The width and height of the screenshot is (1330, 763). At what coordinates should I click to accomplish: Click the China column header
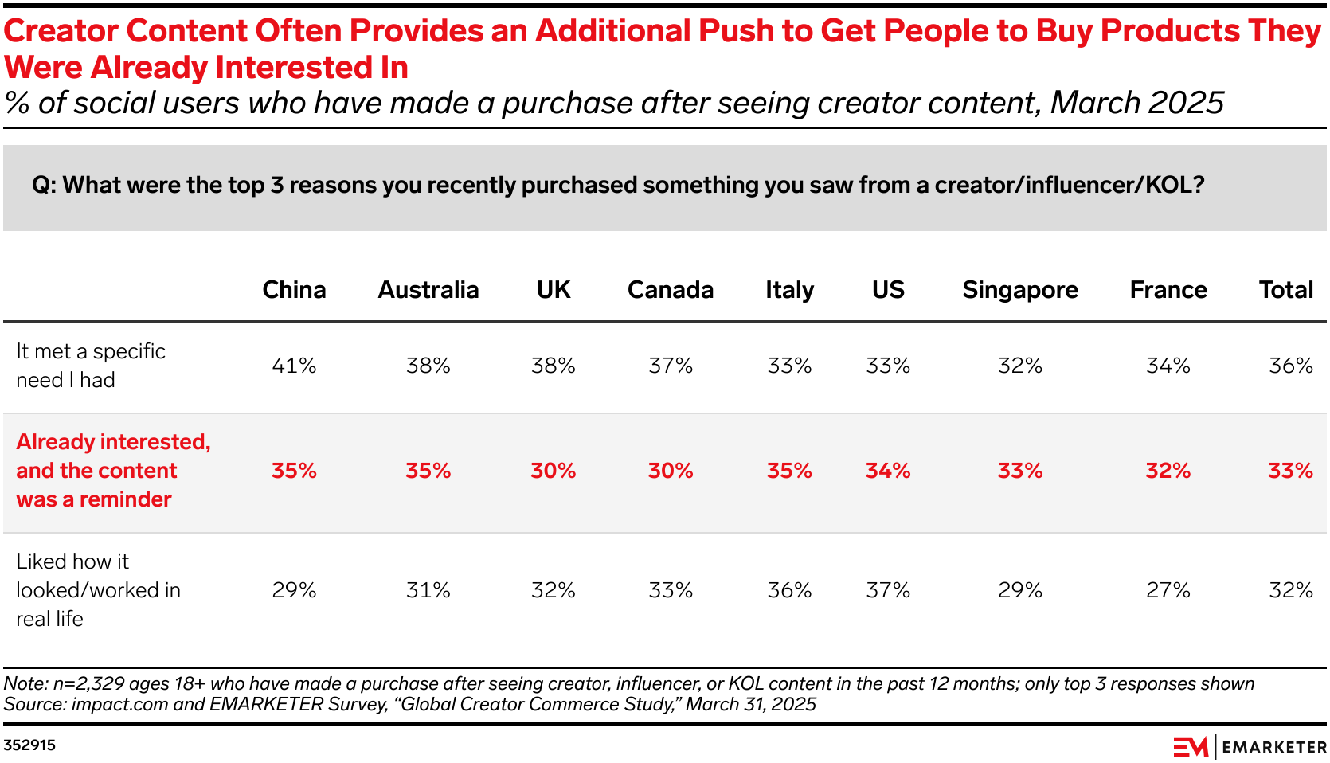294,290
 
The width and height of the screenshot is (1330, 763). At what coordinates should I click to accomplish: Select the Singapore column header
1019,290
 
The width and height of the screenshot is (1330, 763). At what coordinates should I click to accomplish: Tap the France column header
1168,290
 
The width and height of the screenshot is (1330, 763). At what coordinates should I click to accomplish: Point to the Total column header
1285,290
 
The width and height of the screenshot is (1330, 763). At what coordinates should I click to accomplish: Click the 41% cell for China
294,366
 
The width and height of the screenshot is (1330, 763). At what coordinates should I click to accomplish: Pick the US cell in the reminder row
888,471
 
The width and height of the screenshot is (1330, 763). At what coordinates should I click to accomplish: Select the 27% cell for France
1168,590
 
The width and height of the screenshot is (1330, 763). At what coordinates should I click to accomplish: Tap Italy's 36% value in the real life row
789,590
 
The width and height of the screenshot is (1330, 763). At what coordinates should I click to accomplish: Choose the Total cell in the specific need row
1290,366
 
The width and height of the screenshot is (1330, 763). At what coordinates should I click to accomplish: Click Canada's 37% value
671,366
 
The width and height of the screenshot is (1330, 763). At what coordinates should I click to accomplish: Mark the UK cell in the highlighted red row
553,471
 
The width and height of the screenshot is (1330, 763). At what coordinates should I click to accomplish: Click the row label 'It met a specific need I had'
90,366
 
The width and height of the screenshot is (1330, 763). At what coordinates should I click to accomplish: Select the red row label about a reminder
113,471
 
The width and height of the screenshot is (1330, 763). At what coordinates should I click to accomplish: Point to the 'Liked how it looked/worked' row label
98,590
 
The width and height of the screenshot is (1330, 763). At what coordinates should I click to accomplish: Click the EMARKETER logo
1249,747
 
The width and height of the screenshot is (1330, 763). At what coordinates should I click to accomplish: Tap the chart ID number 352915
29,745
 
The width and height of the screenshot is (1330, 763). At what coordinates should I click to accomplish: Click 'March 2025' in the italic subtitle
1136,104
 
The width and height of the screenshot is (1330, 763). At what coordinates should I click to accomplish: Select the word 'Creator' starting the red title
62,31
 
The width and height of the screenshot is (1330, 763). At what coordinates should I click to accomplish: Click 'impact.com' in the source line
119,704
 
